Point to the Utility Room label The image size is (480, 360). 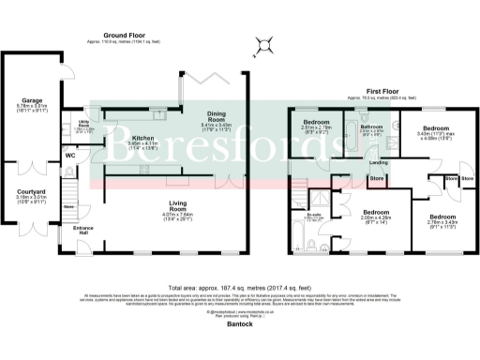pos(82,124)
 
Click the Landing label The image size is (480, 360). pos(380,163)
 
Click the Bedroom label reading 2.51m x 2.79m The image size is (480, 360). pos(316,123)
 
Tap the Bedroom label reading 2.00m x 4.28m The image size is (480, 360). pos(376,212)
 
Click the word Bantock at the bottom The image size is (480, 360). pos(240,323)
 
